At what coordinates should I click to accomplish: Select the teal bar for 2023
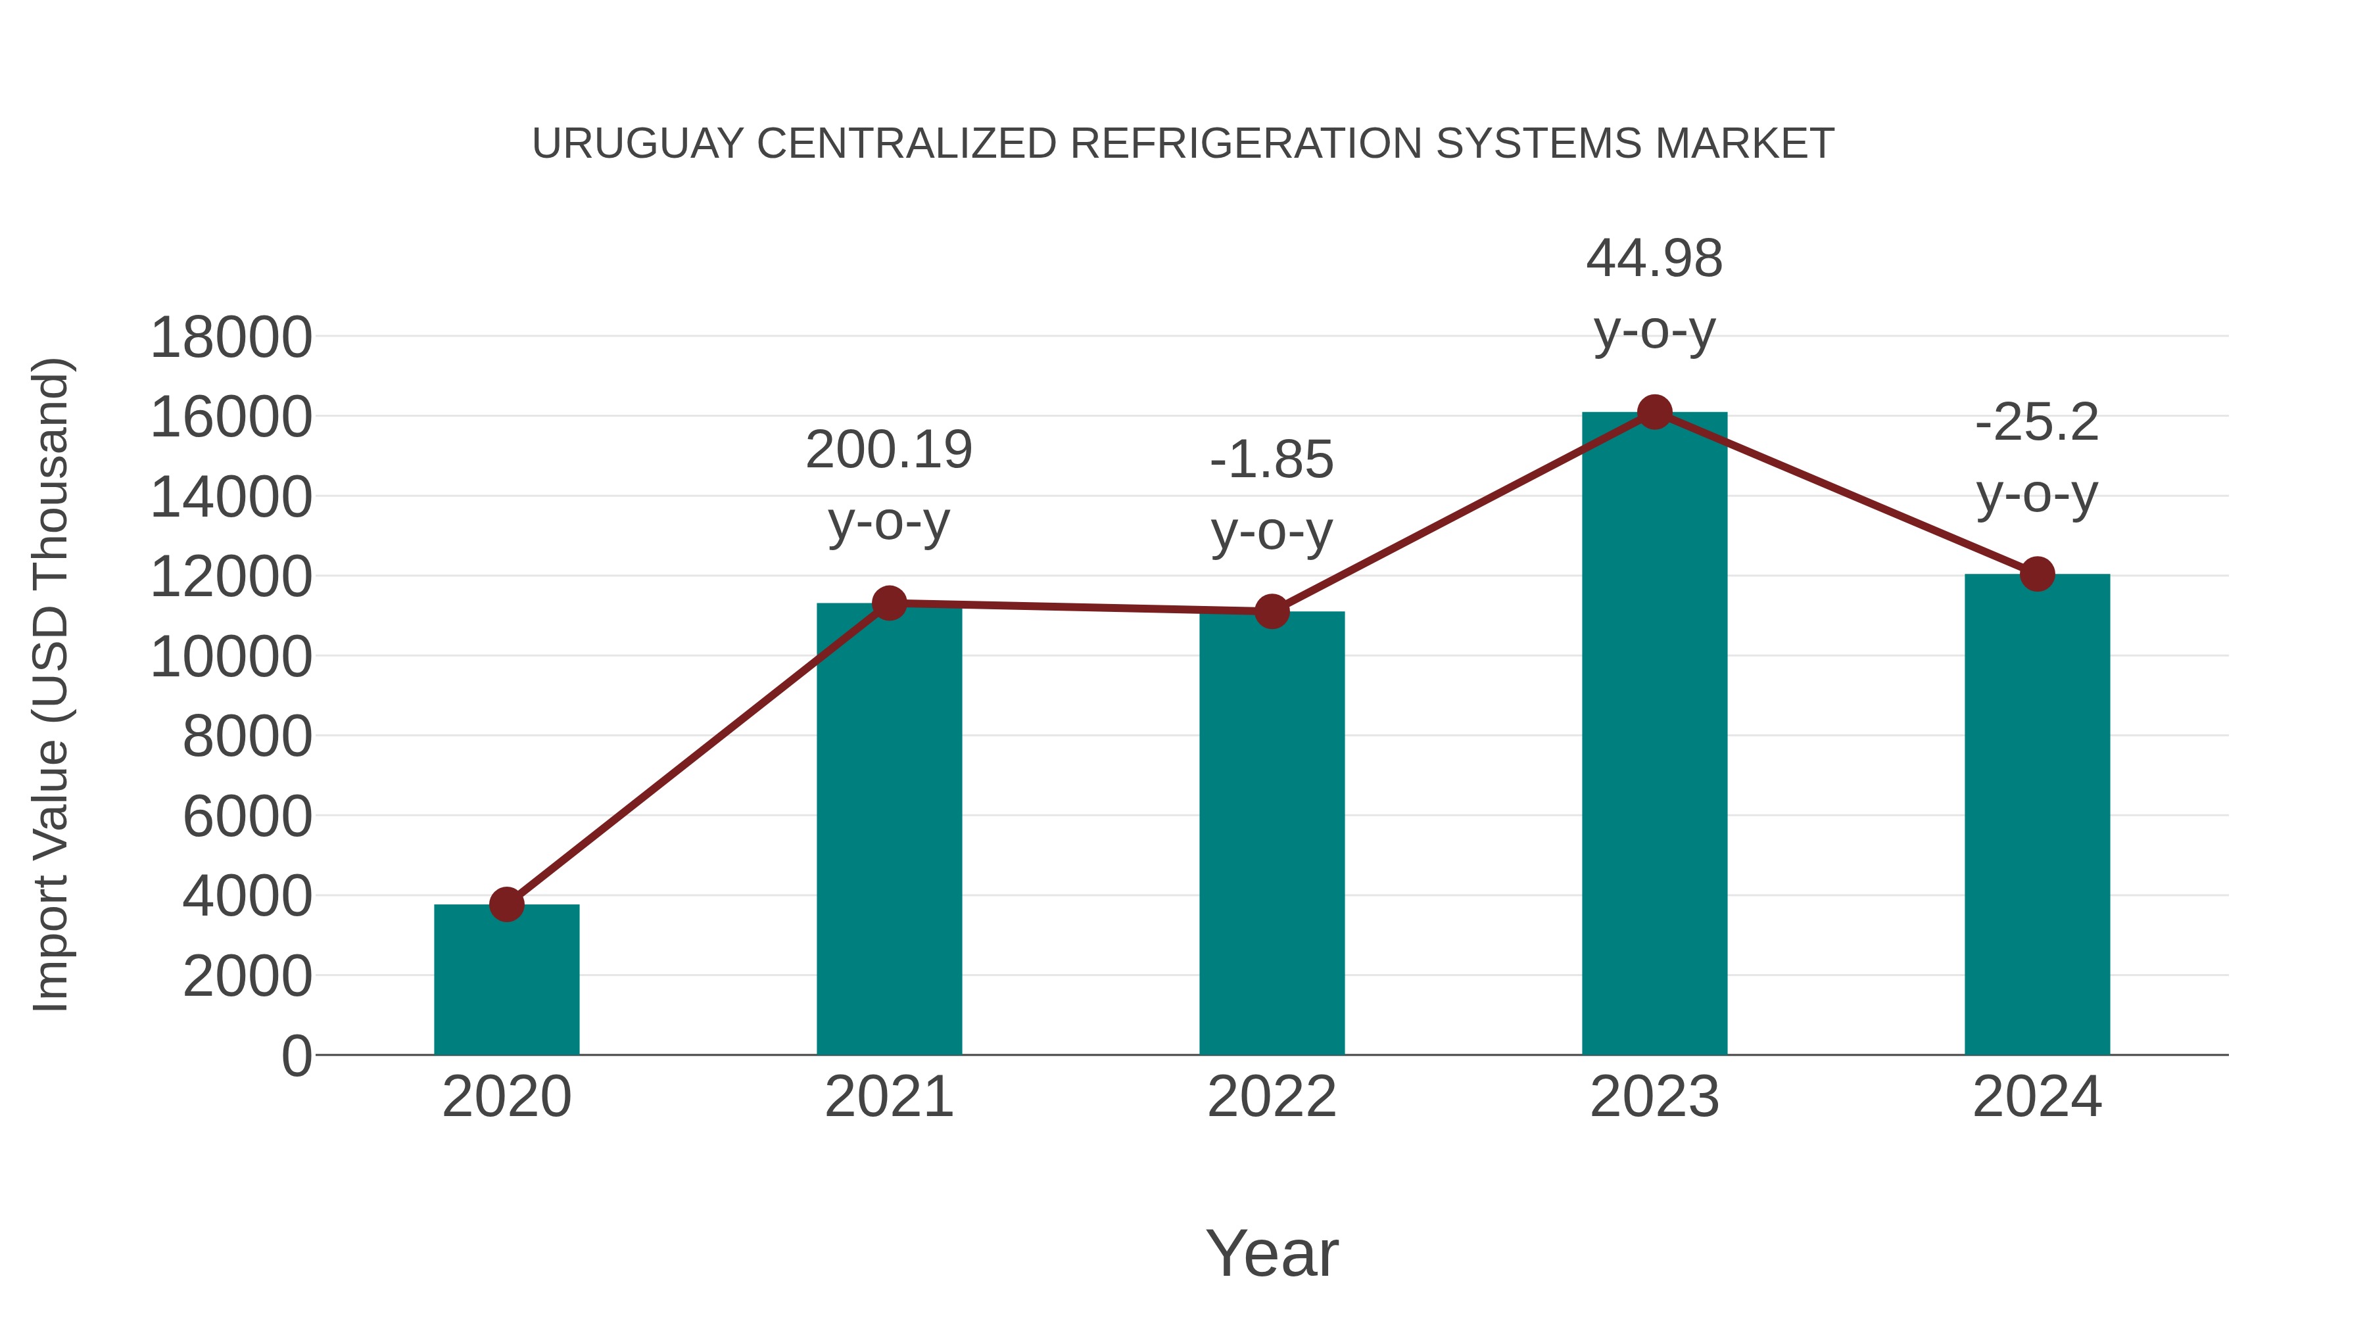tap(1654, 735)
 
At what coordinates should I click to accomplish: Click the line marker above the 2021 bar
tap(888, 603)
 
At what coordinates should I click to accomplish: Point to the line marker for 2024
tap(2037, 574)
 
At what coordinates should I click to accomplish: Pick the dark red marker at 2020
tap(506, 905)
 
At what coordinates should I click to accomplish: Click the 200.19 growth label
tap(888, 450)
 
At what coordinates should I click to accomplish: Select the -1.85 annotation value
tap(1272, 459)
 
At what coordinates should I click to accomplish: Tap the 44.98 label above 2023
tap(1654, 258)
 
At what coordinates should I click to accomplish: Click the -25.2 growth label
tap(2037, 423)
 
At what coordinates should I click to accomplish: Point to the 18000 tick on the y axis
tap(231, 337)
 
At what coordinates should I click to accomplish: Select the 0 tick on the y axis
tap(296, 1056)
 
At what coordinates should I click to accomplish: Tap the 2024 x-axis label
tap(2037, 1097)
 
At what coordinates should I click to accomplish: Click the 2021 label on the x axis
tap(888, 1097)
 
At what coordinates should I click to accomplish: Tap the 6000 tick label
tap(247, 816)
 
